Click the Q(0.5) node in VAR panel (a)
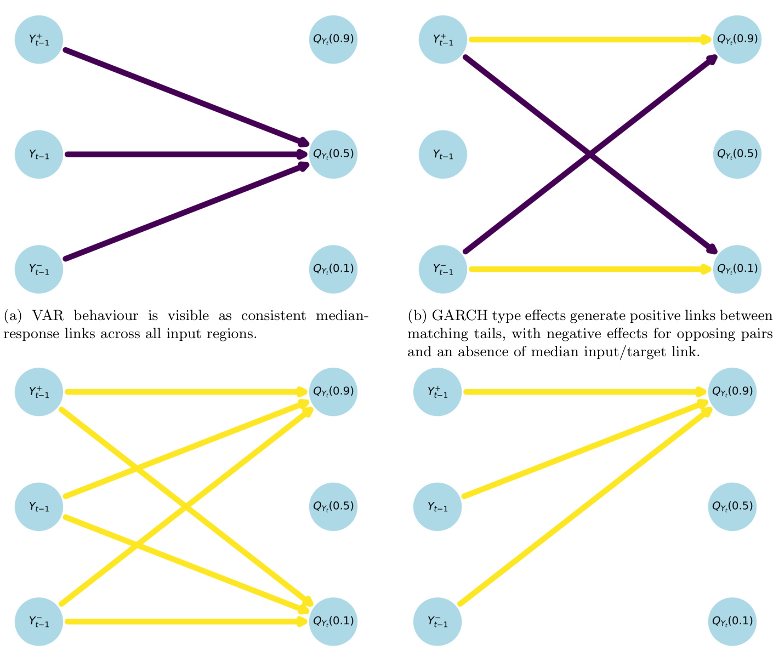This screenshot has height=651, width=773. [x=333, y=154]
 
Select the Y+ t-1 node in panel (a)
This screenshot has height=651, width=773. [x=39, y=39]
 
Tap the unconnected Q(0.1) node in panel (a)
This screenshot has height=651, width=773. [x=333, y=269]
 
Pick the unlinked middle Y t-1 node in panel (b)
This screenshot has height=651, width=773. [x=443, y=155]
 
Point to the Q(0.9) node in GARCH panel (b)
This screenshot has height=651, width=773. [x=737, y=39]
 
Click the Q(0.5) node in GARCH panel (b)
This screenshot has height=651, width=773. [x=737, y=154]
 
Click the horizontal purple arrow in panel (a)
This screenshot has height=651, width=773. [x=181, y=155]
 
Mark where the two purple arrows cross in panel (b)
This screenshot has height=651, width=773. [x=590, y=155]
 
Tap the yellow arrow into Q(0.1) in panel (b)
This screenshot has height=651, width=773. [x=587, y=269]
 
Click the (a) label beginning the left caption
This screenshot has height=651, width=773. [x=13, y=316]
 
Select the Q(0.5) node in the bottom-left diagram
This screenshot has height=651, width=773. [x=333, y=506]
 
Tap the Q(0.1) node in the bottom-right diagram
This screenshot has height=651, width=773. [x=732, y=621]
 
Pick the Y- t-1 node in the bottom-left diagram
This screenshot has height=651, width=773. [x=39, y=621]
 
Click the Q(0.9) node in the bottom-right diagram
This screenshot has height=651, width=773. [x=732, y=392]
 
